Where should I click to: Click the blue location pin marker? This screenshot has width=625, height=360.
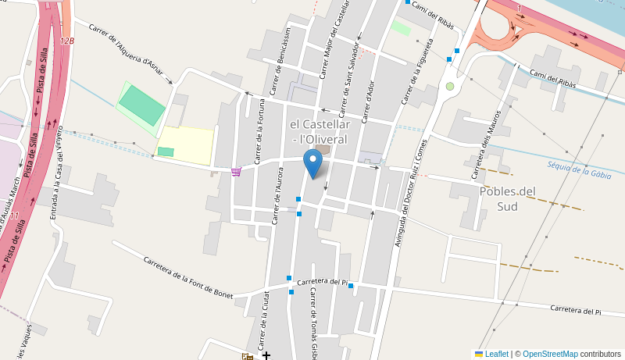point(313,164)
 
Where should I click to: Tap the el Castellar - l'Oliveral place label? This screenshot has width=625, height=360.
point(320,131)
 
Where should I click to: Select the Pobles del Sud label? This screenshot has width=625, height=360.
point(508,198)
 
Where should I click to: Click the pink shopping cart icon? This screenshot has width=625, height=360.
point(236,172)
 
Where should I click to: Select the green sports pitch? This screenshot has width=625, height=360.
point(142,104)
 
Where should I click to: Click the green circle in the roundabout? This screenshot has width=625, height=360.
point(450,86)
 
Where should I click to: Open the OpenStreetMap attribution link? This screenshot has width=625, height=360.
point(550,354)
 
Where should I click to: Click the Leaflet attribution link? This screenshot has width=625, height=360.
point(496,354)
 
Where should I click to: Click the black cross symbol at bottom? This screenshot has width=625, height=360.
point(266,355)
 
